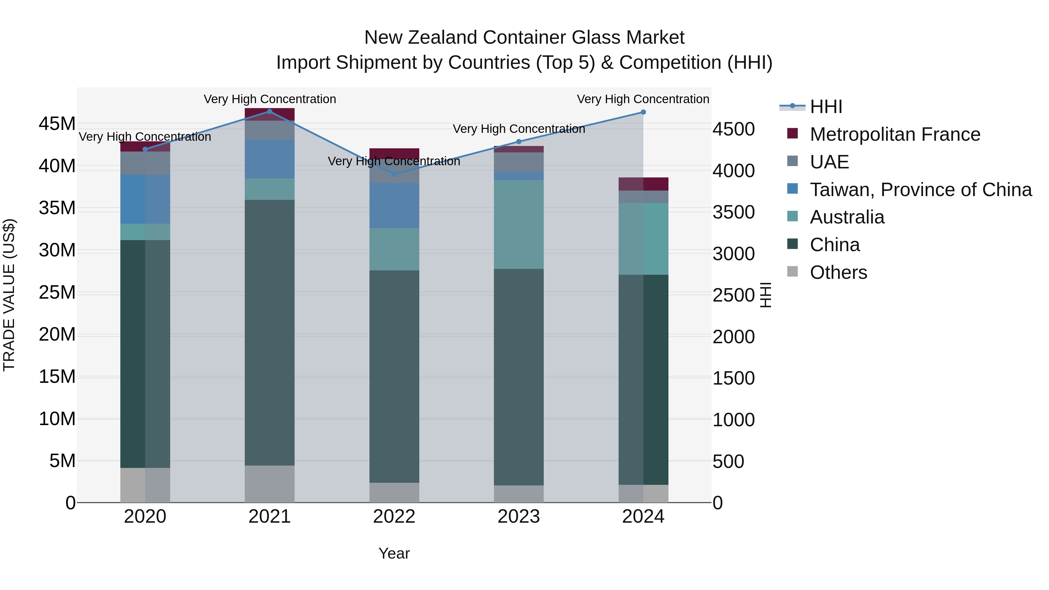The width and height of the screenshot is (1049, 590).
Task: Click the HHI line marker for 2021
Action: pyautogui.click(x=270, y=112)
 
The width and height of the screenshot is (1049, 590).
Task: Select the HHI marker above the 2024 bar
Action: pyautogui.click(x=643, y=112)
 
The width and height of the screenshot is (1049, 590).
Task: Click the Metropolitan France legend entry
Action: pyautogui.click(x=895, y=134)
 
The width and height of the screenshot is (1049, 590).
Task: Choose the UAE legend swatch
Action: pyautogui.click(x=793, y=161)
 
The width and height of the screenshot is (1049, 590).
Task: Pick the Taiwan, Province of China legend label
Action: pyautogui.click(x=920, y=190)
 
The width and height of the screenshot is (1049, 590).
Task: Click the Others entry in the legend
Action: pyautogui.click(x=838, y=272)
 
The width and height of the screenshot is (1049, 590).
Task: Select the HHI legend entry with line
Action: pyautogui.click(x=810, y=107)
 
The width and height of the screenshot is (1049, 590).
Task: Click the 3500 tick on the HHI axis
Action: pyautogui.click(x=733, y=212)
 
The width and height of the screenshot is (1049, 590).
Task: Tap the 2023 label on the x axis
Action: pyautogui.click(x=518, y=517)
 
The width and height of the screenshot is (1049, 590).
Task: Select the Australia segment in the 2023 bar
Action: pyautogui.click(x=518, y=224)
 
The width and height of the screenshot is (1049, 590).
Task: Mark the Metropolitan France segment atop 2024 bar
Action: pyautogui.click(x=643, y=184)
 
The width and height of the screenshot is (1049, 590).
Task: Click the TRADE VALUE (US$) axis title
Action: pyautogui.click(x=9, y=295)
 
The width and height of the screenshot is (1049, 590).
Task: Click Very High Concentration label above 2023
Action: pyautogui.click(x=518, y=129)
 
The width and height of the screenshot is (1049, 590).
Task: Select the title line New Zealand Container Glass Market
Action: pyautogui.click(x=524, y=38)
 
